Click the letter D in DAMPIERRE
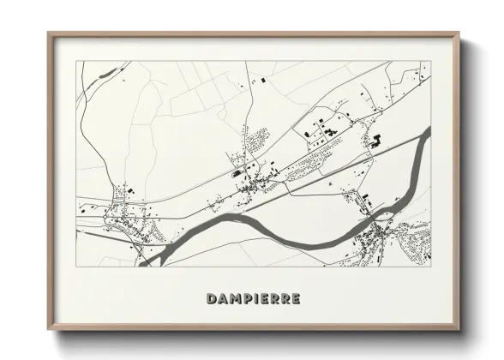pyautogui.click(x=212, y=299)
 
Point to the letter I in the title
pyautogui.click(x=256, y=299)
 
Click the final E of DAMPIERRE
pyautogui.click(x=295, y=299)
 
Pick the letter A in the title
pyautogui.click(x=223, y=299)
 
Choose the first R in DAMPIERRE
pyautogui.click(x=274, y=299)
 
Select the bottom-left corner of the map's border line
pyautogui.click(x=77, y=267)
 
